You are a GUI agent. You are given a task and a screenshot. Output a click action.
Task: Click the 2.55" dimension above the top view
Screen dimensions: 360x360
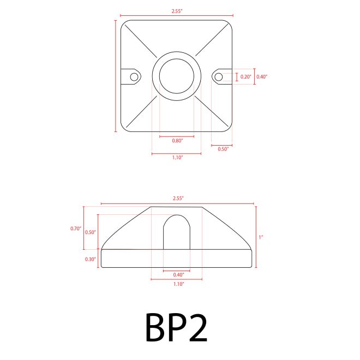click(177, 10)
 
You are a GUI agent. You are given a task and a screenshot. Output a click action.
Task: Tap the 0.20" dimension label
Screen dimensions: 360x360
click(245, 77)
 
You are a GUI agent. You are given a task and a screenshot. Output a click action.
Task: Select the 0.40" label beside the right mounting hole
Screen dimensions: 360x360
click(262, 77)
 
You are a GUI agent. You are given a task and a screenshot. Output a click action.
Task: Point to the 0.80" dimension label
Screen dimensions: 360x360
click(177, 141)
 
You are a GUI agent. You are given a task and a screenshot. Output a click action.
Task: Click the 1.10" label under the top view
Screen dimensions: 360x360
click(177, 157)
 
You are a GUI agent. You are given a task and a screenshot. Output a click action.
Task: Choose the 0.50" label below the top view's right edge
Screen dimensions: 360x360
click(223, 149)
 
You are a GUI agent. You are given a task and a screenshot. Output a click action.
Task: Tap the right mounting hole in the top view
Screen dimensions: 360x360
click(219, 77)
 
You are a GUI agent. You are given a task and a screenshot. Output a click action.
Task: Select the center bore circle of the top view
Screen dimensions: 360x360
click(177, 76)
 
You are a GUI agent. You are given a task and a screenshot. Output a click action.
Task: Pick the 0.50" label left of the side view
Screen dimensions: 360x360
click(91, 232)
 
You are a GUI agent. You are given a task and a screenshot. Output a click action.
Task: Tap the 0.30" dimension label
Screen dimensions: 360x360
click(91, 259)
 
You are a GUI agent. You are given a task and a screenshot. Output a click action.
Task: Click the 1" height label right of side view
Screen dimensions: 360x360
click(261, 237)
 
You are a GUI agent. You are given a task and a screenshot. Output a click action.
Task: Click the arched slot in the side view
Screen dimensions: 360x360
click(177, 232)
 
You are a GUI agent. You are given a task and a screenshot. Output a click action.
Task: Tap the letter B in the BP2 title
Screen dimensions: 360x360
click(157, 327)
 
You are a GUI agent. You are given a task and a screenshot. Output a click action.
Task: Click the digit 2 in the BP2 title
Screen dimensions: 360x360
click(197, 327)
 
